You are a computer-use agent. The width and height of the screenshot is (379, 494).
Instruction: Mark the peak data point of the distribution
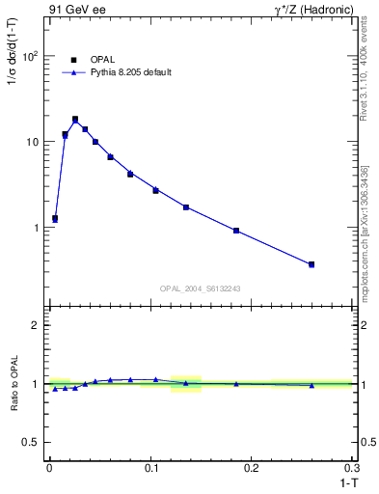point(75,120)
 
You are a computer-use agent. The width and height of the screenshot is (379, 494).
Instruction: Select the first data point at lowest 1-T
point(55,219)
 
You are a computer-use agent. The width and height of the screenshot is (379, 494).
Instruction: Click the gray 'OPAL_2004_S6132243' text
point(201,288)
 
